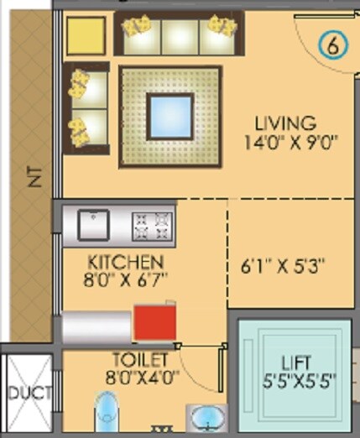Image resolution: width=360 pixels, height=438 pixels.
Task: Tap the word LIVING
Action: click(x=287, y=124)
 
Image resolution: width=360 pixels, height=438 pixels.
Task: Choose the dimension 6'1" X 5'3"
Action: click(x=283, y=267)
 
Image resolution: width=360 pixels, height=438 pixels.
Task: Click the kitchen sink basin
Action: click(x=93, y=224)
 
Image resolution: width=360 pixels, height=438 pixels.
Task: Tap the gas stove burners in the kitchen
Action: click(x=151, y=224)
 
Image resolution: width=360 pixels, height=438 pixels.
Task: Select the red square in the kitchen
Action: click(x=155, y=323)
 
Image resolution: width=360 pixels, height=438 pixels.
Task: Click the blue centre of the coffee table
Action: click(x=172, y=117)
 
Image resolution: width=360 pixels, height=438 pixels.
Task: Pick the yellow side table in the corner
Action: click(x=86, y=34)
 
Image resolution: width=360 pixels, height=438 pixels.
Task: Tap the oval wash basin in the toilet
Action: click(x=205, y=420)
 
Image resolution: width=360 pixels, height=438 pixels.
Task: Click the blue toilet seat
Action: click(x=107, y=418)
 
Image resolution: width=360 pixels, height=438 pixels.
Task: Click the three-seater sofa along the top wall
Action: click(x=178, y=34)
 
